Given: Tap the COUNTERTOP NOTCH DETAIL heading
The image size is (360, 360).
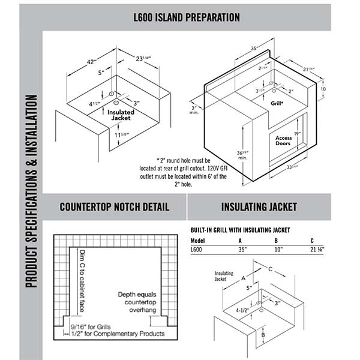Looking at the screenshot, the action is tap(115, 208).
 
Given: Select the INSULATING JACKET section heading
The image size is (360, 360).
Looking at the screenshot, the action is tap(259, 208).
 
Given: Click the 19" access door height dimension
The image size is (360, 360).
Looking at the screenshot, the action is tap(296, 133).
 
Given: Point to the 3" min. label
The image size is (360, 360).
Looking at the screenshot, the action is tap(194, 110).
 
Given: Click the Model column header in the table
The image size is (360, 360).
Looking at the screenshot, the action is tap(197, 241).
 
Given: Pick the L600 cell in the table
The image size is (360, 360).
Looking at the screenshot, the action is tap(196, 249).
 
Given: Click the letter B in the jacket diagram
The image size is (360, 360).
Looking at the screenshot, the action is tap(263, 335).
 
